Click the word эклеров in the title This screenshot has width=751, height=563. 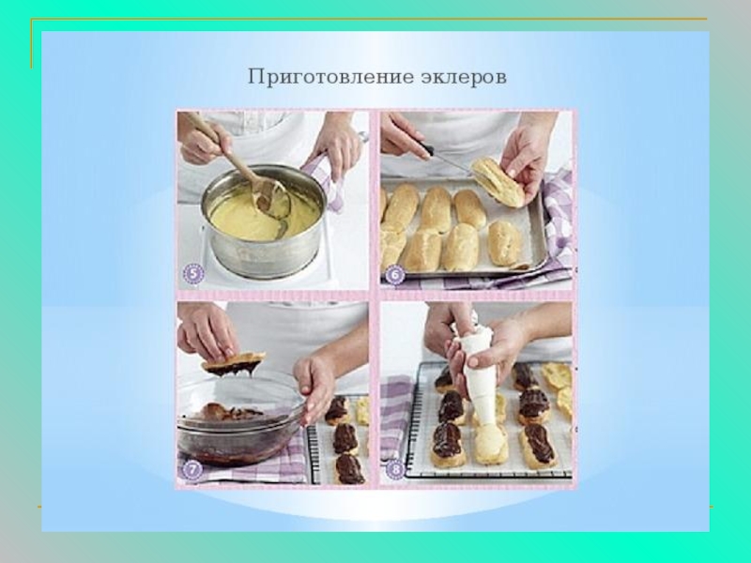(x=464, y=78)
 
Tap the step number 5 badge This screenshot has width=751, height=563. (x=193, y=275)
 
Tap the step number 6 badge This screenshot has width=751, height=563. (x=395, y=276)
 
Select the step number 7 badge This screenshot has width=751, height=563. (x=192, y=470)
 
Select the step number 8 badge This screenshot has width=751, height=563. (x=395, y=470)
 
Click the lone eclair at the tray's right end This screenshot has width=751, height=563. (x=504, y=243)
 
